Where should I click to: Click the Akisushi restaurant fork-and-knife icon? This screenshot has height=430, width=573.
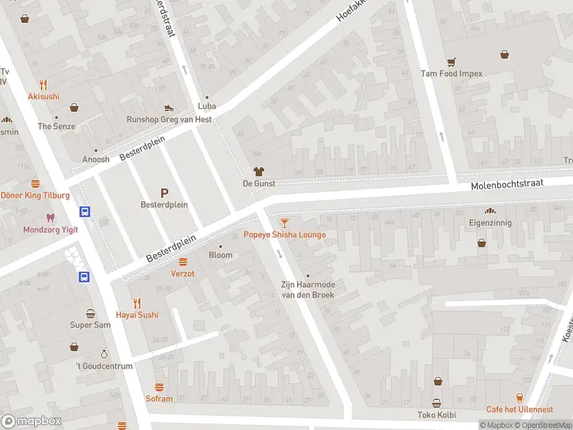click(x=44, y=84)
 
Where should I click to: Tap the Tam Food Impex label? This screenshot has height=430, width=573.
click(x=451, y=73)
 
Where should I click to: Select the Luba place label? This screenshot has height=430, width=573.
click(x=207, y=107)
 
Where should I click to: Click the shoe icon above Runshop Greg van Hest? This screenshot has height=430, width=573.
click(x=170, y=107)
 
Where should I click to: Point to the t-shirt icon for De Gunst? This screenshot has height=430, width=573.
click(x=259, y=171)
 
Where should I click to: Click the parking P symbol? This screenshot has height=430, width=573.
click(x=164, y=192)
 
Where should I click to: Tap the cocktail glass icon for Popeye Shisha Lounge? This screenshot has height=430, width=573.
click(x=284, y=223)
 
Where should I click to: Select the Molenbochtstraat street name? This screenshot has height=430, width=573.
click(x=507, y=185)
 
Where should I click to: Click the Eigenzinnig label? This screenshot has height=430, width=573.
click(x=491, y=223)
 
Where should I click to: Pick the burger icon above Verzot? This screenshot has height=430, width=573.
click(x=183, y=262)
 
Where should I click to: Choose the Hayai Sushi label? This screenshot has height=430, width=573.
click(x=137, y=315)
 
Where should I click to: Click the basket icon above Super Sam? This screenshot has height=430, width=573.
click(x=90, y=313)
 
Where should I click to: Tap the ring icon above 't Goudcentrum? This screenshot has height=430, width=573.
click(x=104, y=354)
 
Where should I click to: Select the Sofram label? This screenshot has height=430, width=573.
click(x=159, y=398)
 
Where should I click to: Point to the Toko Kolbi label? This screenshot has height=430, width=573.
click(x=436, y=415)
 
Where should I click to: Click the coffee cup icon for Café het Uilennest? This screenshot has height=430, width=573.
click(x=520, y=397)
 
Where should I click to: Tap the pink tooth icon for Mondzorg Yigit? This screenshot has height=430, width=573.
click(x=49, y=218)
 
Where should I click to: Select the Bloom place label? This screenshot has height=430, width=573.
click(x=221, y=255)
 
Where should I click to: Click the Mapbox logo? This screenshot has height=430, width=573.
click(x=32, y=421)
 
